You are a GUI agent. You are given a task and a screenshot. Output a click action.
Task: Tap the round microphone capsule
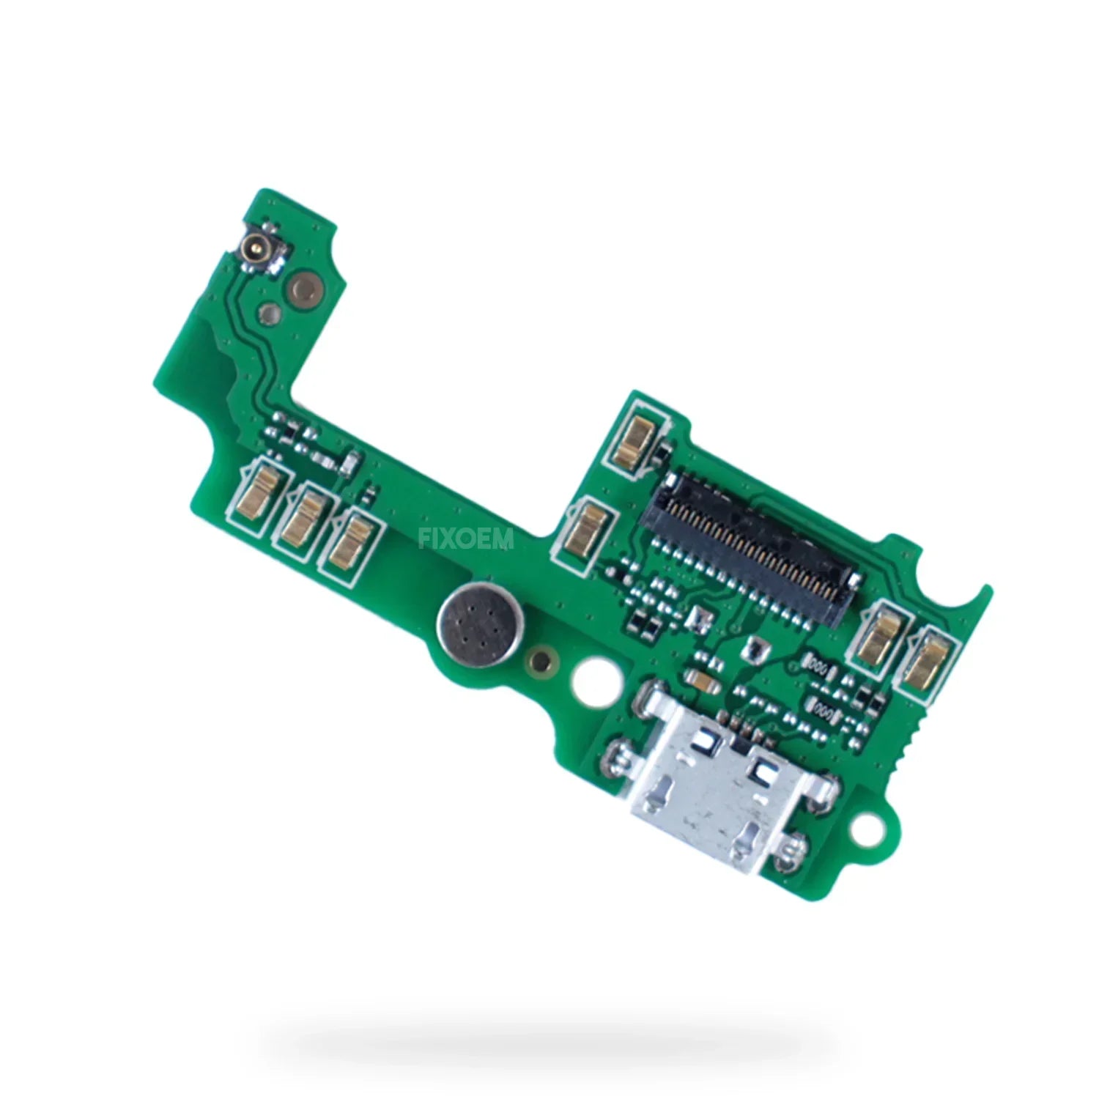(471, 623)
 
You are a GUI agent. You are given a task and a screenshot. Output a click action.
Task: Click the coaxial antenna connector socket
(259, 250)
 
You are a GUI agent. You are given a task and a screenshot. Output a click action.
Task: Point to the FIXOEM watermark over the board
(467, 540)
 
